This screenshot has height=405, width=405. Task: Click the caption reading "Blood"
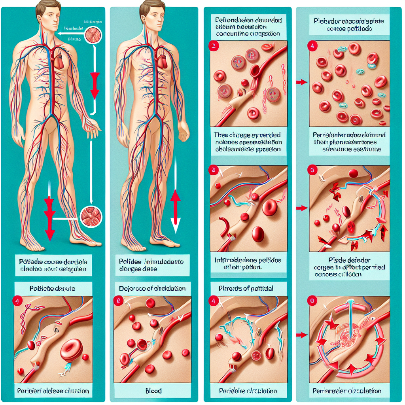(153, 391)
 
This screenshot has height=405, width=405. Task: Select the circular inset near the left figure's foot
(91, 217)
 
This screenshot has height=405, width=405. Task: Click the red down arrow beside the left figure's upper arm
(95, 85)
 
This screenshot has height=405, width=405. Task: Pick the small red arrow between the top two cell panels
(301, 82)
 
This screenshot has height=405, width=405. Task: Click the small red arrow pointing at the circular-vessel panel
(301, 335)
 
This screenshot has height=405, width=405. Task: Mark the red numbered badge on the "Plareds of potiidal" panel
(214, 300)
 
